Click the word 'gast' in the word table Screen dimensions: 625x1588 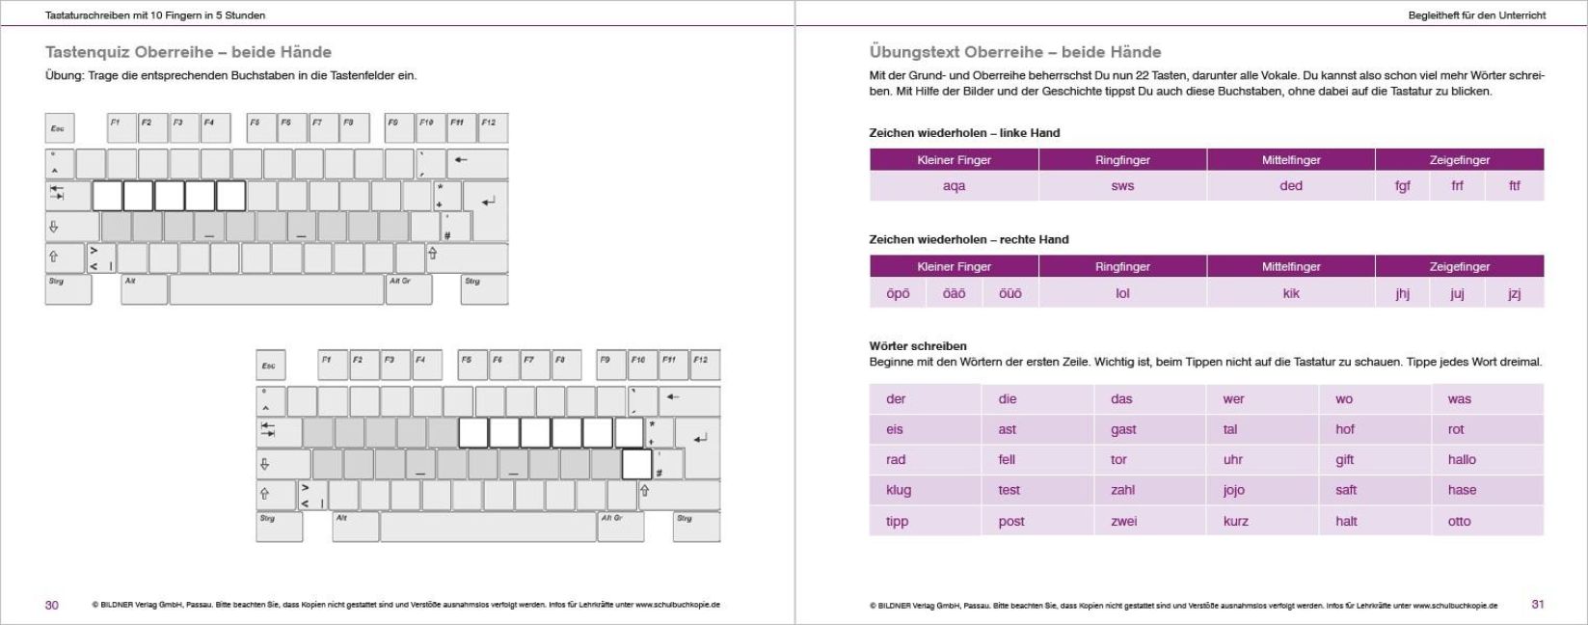click(x=1123, y=429)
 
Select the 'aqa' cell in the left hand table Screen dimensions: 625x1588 click(x=954, y=186)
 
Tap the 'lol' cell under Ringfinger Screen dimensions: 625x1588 click(x=1122, y=293)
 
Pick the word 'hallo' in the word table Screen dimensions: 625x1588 click(x=1462, y=459)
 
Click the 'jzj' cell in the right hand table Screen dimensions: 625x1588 click(x=1514, y=293)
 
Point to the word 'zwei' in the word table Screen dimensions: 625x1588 click(x=1123, y=521)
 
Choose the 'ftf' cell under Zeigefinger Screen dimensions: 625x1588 click(x=1514, y=186)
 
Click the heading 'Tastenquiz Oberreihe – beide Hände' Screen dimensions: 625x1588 click(x=188, y=52)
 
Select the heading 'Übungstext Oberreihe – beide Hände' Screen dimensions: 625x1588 click(x=1014, y=52)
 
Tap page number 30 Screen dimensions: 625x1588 click(x=52, y=605)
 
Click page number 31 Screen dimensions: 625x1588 click(x=1537, y=604)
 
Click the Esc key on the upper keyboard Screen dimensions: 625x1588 click(x=59, y=128)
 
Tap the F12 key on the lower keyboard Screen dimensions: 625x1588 click(x=704, y=365)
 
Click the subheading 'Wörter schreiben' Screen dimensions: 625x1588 click(x=917, y=345)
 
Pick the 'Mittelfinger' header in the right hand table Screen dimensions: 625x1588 click(x=1290, y=266)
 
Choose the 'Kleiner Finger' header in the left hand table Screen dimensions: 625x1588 click(x=954, y=160)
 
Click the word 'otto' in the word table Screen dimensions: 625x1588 click(x=1459, y=521)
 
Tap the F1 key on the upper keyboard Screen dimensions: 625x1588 click(x=120, y=127)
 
